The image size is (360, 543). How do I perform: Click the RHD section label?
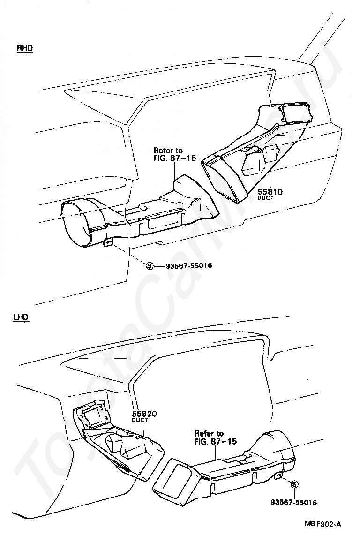tap(24, 48)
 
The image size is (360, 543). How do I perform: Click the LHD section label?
tap(21, 317)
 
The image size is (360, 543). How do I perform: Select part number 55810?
tap(270, 192)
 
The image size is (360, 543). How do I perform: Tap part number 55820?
tap(144, 414)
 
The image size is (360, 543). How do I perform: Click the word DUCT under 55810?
tap(265, 198)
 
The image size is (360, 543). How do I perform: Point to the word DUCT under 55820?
tap(140, 420)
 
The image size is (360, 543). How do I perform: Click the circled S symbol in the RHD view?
tap(149, 266)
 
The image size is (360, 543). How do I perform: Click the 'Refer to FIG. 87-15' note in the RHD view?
tap(175, 154)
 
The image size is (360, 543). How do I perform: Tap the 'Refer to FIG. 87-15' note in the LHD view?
tap(215, 437)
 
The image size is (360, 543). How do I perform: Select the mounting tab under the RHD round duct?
tap(108, 243)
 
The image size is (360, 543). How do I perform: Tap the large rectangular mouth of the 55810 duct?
tap(222, 180)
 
